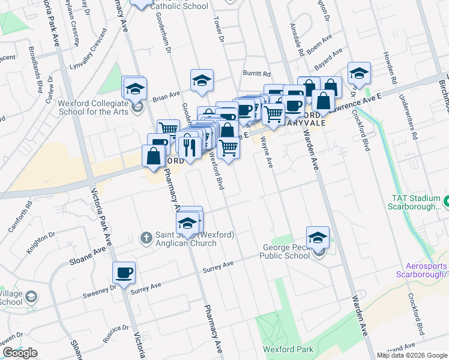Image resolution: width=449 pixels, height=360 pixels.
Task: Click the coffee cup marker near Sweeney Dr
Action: point(124,274)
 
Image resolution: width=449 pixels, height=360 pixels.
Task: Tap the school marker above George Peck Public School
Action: point(318,237)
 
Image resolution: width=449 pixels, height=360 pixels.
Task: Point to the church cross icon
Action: point(145,238)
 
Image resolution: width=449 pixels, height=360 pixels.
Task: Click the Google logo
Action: point(20,353)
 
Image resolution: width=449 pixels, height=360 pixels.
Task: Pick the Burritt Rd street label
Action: point(256,73)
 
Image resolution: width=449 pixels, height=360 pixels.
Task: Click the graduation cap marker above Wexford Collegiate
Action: point(134,89)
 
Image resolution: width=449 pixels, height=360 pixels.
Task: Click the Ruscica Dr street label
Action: point(115,332)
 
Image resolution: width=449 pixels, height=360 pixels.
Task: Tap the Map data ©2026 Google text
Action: point(412,355)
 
